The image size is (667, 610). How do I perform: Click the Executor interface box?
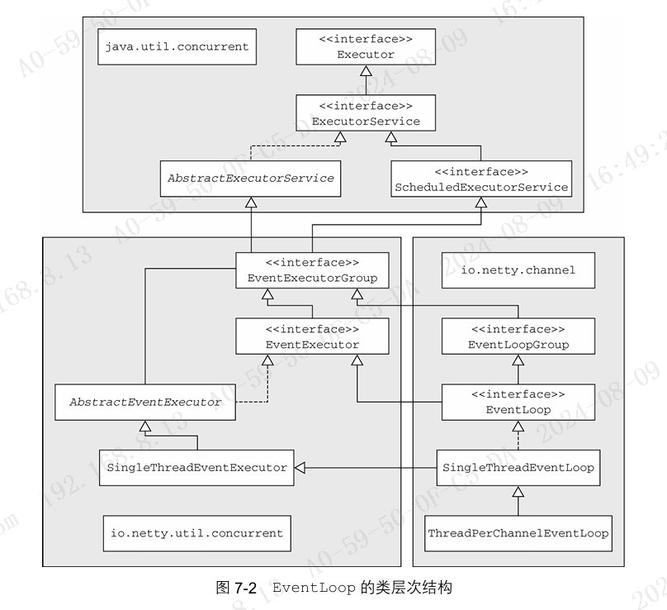pos(366,47)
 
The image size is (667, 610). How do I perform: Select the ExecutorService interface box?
pos(366,113)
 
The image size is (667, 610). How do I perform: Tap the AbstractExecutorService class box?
pos(250,179)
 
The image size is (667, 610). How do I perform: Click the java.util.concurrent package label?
pos(176,46)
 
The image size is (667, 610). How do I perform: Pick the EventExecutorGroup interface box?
pos(312,270)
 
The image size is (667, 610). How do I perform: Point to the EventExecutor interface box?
pos(312,336)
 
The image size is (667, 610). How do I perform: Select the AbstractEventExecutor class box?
pos(144,403)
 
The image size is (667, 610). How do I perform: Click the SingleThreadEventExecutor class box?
pos(196,468)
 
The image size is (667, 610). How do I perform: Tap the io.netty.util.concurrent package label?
pos(196,534)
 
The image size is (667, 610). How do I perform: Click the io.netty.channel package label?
pos(518,270)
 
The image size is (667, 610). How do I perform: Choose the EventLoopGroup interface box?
pos(518,336)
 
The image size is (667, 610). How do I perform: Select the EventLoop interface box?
pos(518,402)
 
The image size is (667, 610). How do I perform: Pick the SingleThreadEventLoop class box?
pos(518,468)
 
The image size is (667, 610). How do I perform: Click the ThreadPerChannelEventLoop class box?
pos(518,534)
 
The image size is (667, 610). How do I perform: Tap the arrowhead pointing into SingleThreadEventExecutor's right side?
pos(300,468)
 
